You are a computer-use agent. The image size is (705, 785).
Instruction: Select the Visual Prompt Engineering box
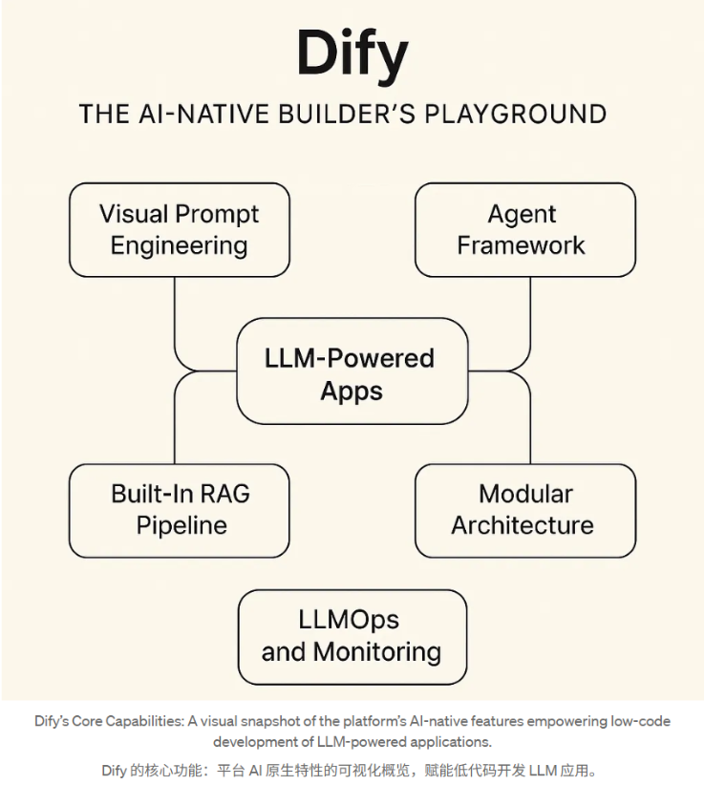(180, 230)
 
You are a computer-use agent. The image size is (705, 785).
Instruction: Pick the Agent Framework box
(523, 230)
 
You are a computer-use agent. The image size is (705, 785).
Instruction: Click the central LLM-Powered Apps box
(352, 373)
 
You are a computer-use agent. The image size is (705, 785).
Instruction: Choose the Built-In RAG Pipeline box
(180, 509)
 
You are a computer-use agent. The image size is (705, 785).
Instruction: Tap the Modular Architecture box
(523, 509)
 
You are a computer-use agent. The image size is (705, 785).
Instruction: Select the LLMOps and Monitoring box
(352, 636)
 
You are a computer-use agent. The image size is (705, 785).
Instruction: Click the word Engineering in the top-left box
(180, 245)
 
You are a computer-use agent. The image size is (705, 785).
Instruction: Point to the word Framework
(522, 245)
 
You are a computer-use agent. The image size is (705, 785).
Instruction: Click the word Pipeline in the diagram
(182, 525)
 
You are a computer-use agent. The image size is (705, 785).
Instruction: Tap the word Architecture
(523, 525)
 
